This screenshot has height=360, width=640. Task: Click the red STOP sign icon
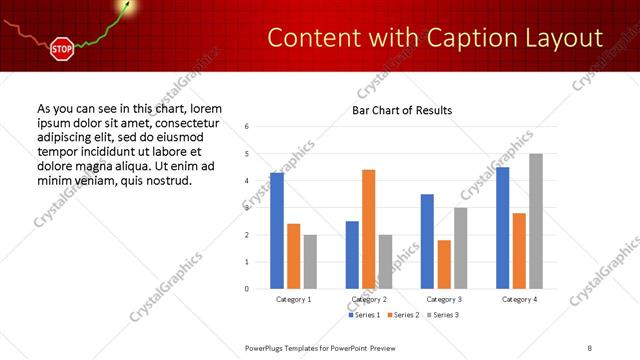coord(61,48)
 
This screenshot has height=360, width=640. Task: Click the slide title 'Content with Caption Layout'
coord(436,38)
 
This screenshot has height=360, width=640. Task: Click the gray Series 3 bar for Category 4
coord(536,221)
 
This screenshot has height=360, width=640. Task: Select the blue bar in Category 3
coord(427,241)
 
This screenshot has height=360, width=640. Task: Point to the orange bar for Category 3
coord(444,264)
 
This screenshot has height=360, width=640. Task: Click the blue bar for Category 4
coord(503,228)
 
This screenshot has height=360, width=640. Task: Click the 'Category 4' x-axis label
coord(519,299)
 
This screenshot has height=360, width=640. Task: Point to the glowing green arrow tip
coord(127,6)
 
